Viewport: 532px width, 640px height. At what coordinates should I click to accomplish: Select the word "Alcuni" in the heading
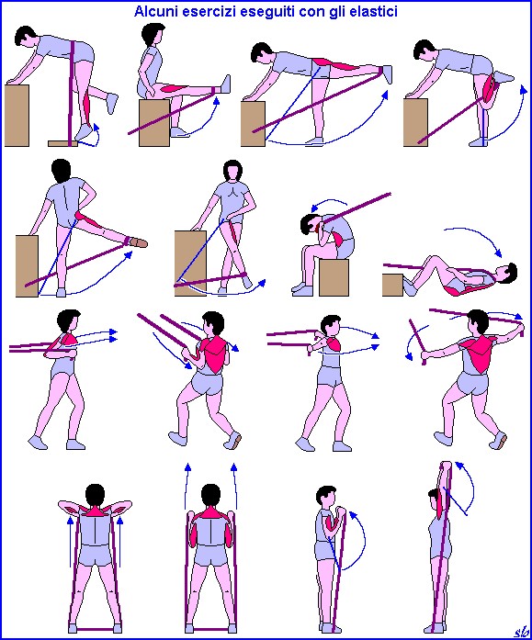click(x=155, y=11)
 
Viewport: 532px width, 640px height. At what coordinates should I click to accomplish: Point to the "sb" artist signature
click(x=520, y=631)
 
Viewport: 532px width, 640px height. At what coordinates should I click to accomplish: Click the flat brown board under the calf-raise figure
click(x=62, y=143)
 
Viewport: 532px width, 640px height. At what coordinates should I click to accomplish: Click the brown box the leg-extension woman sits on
click(x=154, y=122)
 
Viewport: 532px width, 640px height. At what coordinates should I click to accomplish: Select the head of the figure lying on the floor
click(x=507, y=273)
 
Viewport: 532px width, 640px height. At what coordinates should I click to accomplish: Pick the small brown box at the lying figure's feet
click(x=392, y=285)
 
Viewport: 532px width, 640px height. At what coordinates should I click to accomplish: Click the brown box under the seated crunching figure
click(x=334, y=276)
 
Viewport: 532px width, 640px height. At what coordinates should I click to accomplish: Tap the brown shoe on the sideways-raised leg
click(x=139, y=242)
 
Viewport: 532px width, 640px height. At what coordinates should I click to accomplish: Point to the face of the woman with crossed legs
click(x=232, y=173)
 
